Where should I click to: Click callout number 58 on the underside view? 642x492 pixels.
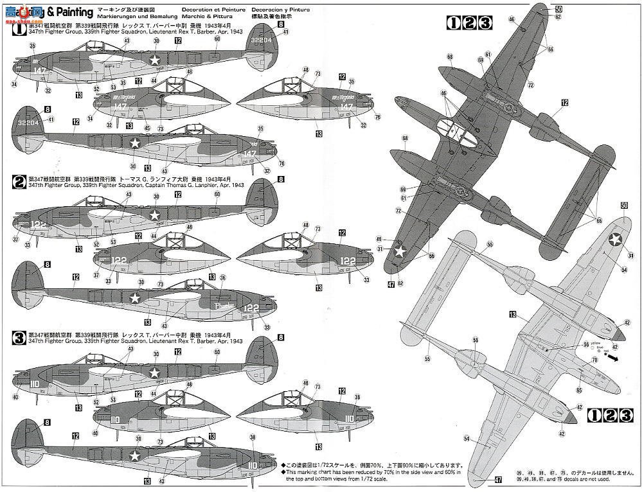click(475, 339)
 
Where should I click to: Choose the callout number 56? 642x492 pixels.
click(585, 344)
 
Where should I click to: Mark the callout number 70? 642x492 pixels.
click(594, 360)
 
